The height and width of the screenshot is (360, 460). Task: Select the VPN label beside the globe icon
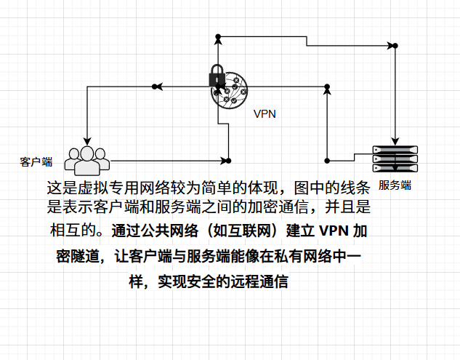(265, 113)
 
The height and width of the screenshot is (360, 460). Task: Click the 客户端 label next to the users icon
(36, 161)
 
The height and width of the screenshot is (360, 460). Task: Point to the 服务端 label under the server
(395, 185)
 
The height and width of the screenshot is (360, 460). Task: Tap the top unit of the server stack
(396, 148)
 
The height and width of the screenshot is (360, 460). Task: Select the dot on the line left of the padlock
(154, 87)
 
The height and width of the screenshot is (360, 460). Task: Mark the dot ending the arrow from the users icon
(228, 160)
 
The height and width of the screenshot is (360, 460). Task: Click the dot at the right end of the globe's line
(328, 87)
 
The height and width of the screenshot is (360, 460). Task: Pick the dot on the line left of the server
(328, 160)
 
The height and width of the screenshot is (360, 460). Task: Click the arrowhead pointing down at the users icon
(87, 140)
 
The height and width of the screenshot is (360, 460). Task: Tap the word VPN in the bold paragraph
(334, 232)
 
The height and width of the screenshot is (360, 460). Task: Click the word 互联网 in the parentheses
(239, 232)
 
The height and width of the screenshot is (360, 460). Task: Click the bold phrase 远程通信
(263, 281)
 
